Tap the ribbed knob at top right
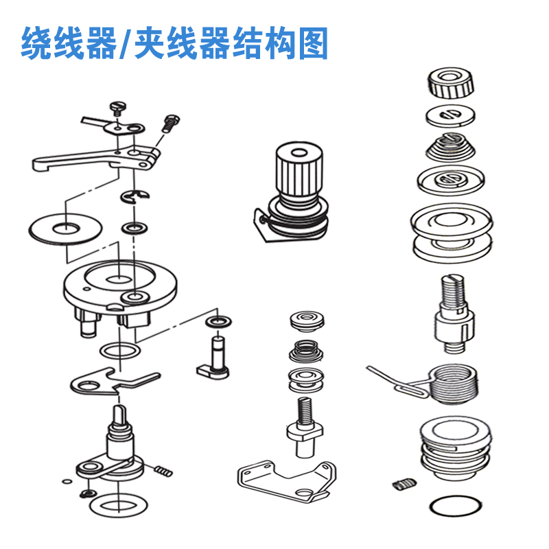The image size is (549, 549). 450,84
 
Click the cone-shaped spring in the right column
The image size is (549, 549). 450,147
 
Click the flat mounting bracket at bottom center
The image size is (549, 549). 287,478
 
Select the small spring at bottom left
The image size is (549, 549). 163,471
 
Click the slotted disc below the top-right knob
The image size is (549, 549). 450,114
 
